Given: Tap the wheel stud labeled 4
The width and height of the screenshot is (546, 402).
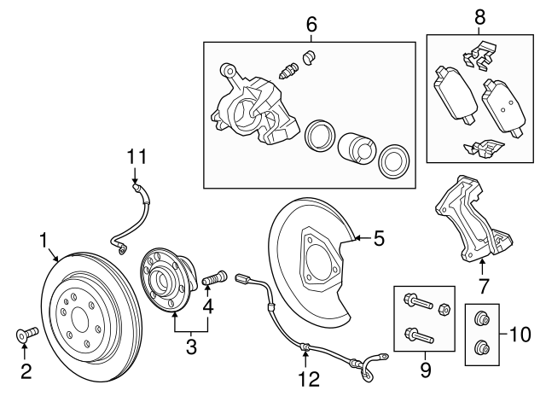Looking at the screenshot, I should click(x=213, y=278).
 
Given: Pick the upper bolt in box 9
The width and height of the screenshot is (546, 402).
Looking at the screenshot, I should click(x=413, y=303).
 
